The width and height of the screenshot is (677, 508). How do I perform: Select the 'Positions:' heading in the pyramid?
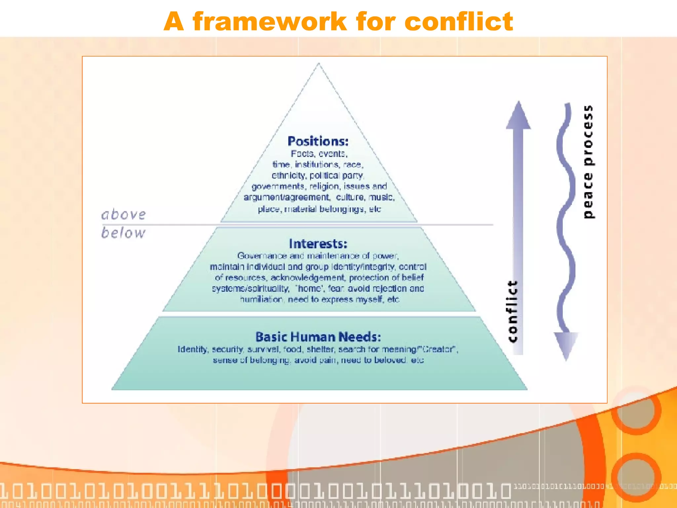coord(318,142)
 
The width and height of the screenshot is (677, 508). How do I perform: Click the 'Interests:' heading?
coord(318,244)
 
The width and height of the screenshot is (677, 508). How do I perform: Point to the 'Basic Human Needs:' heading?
coord(318,337)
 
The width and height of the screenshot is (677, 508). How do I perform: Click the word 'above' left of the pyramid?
coord(123,215)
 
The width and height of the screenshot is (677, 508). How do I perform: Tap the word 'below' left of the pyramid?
coord(123,233)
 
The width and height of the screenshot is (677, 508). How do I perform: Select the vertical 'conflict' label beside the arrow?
coord(512,311)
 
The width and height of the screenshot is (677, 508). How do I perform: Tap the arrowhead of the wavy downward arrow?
coord(566,346)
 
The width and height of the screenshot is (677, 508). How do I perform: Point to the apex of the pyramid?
coord(319,64)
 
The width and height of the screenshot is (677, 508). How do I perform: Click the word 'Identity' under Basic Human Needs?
coord(193,350)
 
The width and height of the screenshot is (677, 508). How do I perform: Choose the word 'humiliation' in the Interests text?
coord(261,300)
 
